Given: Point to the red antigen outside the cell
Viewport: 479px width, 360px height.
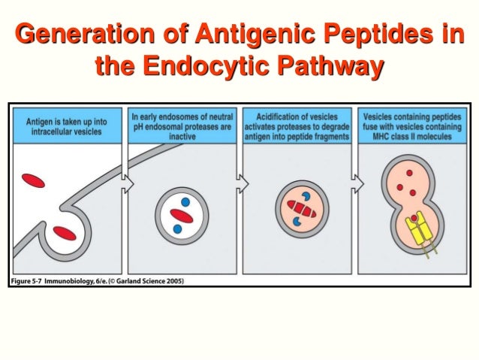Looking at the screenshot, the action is coord(33,180).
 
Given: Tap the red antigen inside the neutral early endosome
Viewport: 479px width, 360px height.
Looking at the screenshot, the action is coord(183,215).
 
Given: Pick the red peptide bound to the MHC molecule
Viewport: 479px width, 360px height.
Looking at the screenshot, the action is coord(414,219).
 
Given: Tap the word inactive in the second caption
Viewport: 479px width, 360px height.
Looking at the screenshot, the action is coord(184,137).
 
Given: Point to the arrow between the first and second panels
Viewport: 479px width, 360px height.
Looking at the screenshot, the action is coord(127,183).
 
